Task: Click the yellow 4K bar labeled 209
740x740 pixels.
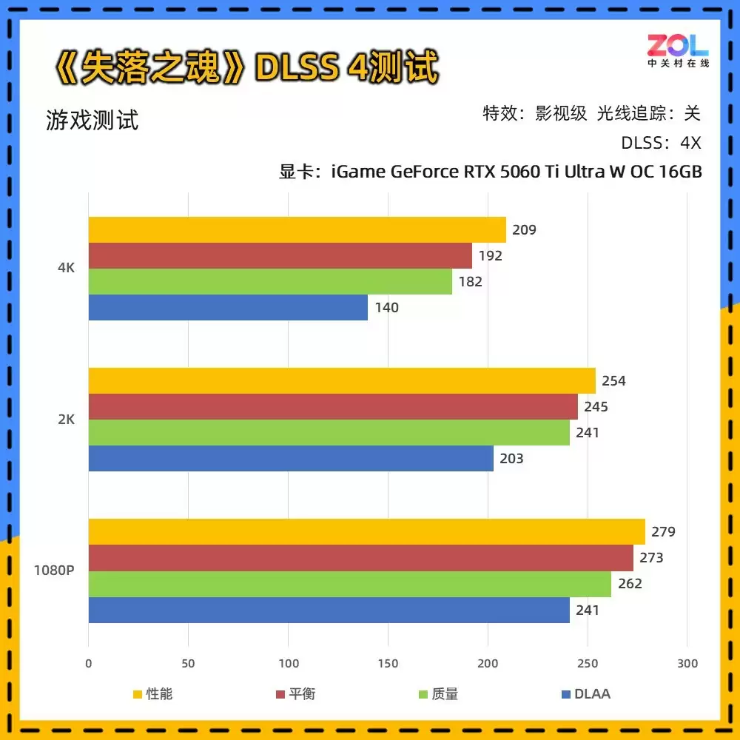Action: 296,229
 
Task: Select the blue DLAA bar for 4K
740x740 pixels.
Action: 228,308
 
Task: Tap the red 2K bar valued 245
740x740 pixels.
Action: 333,407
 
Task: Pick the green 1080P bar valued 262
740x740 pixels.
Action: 349,584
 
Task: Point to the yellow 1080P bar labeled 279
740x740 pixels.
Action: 366,532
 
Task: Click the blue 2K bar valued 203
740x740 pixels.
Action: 291,459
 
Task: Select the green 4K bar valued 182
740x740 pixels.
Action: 270,282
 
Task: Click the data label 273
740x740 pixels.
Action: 651,558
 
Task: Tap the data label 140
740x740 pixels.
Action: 386,308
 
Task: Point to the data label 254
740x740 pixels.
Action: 613,381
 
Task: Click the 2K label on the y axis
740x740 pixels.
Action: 67,420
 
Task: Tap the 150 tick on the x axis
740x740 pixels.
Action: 388,664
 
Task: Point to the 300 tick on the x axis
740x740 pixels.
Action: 687,664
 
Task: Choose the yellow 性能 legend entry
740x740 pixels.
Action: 152,694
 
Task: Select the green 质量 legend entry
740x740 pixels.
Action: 438,694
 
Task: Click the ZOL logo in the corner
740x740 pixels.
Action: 678,50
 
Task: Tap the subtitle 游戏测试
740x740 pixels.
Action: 92,120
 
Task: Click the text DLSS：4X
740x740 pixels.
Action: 660,143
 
